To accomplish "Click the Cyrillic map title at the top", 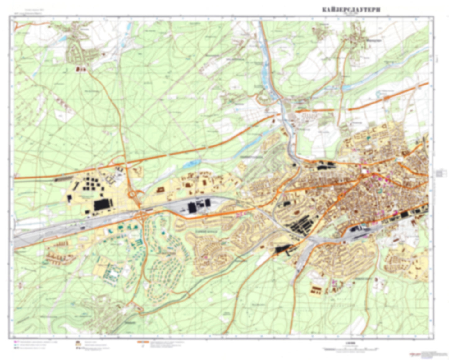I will tap(351, 10).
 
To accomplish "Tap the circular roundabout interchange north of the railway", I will tap(133, 195).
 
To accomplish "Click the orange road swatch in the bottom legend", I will tap(141, 343).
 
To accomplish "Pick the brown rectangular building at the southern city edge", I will tap(316, 290).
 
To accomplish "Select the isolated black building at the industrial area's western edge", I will tap(69, 198).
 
